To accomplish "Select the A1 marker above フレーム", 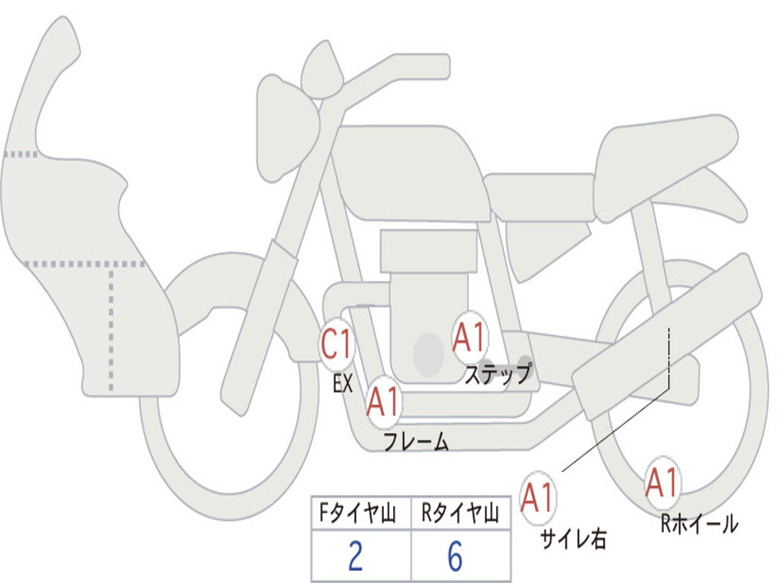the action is (383, 402).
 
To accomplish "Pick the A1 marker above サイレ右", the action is (538, 498).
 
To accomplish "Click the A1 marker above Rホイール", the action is (662, 483).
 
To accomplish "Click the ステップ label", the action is (498, 374).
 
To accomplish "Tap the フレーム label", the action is (416, 442).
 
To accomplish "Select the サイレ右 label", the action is (573, 538).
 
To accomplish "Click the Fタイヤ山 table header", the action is (360, 515).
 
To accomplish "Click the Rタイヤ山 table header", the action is (460, 515).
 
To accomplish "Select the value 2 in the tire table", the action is (355, 557).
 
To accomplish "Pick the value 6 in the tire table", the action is (455, 557).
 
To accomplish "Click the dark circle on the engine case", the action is (428, 354).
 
